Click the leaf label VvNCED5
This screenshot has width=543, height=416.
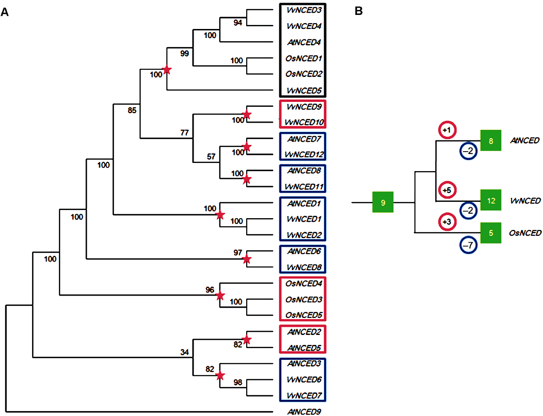pyautogui.click(x=304, y=90)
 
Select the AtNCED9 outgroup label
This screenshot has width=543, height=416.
pyautogui.click(x=304, y=411)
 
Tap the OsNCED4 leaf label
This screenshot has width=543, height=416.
pyautogui.click(x=304, y=283)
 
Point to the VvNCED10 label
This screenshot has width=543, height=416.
pyautogui.click(x=304, y=122)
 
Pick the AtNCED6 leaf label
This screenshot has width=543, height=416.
pyautogui.click(x=304, y=251)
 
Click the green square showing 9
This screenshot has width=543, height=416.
pyautogui.click(x=383, y=202)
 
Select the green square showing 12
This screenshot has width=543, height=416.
pyautogui.click(x=491, y=200)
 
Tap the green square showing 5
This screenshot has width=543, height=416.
pyautogui.click(x=491, y=233)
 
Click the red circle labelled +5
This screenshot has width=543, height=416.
pyautogui.click(x=447, y=190)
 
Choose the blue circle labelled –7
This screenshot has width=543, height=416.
pyautogui.click(x=468, y=245)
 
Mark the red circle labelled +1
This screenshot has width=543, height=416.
pyautogui.click(x=447, y=130)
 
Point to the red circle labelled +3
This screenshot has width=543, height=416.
pyautogui.click(x=447, y=222)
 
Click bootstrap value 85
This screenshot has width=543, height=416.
pyautogui.click(x=132, y=110)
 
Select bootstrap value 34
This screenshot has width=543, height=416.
pyautogui.click(x=185, y=352)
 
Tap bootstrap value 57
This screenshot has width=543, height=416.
pyautogui.click(x=211, y=157)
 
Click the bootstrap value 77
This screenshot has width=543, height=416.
pyautogui.click(x=185, y=133)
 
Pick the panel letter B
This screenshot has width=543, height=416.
pyautogui.click(x=358, y=11)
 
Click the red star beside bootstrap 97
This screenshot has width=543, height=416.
pyautogui.click(x=247, y=259)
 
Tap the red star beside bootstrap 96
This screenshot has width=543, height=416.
pyautogui.click(x=220, y=296)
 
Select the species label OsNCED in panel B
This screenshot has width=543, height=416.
pyautogui.click(x=525, y=233)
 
